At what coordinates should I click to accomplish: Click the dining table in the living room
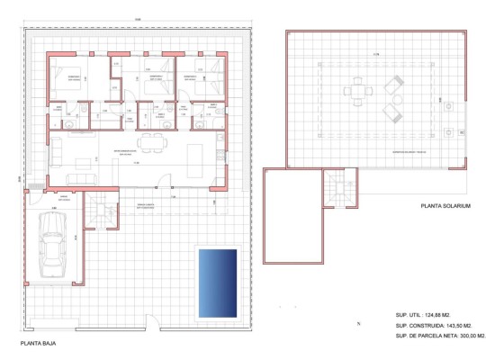point(154,139)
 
